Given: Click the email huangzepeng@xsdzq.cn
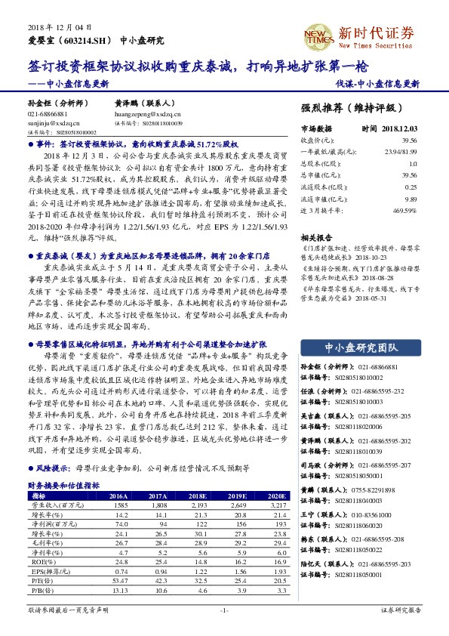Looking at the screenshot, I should (x=143, y=113).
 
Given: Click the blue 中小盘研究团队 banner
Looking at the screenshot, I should (x=361, y=347).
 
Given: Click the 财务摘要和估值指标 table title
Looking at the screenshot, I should (x=63, y=485).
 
